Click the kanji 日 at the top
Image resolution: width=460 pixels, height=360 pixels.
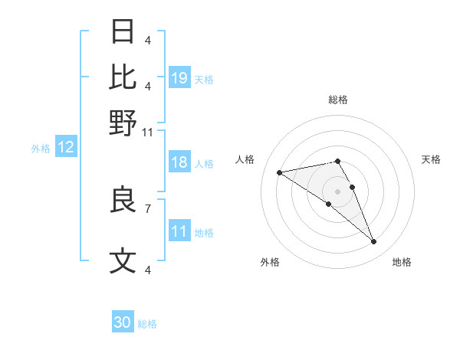point(123,33)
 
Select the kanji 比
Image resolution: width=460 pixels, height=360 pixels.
point(123,77)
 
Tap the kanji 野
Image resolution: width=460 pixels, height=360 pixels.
point(123,122)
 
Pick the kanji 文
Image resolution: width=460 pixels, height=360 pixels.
point(123,261)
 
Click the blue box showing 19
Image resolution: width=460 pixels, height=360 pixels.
point(179,77)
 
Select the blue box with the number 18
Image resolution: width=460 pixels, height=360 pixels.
point(179,162)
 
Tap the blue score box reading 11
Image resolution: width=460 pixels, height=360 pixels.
point(179,231)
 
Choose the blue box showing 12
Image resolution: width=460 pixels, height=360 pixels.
point(66,148)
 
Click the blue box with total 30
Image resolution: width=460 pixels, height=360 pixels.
point(123,322)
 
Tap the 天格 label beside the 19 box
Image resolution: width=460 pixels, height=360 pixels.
point(204,79)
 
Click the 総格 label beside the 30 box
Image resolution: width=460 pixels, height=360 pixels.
point(147,324)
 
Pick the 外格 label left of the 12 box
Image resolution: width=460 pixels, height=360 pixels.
point(41,149)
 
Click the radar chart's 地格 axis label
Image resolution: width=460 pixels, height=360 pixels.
point(402,263)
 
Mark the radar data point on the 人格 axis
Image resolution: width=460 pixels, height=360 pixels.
point(280,172)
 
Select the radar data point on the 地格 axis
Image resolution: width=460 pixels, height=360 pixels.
point(374,242)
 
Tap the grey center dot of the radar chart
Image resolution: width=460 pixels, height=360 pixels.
point(337,190)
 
